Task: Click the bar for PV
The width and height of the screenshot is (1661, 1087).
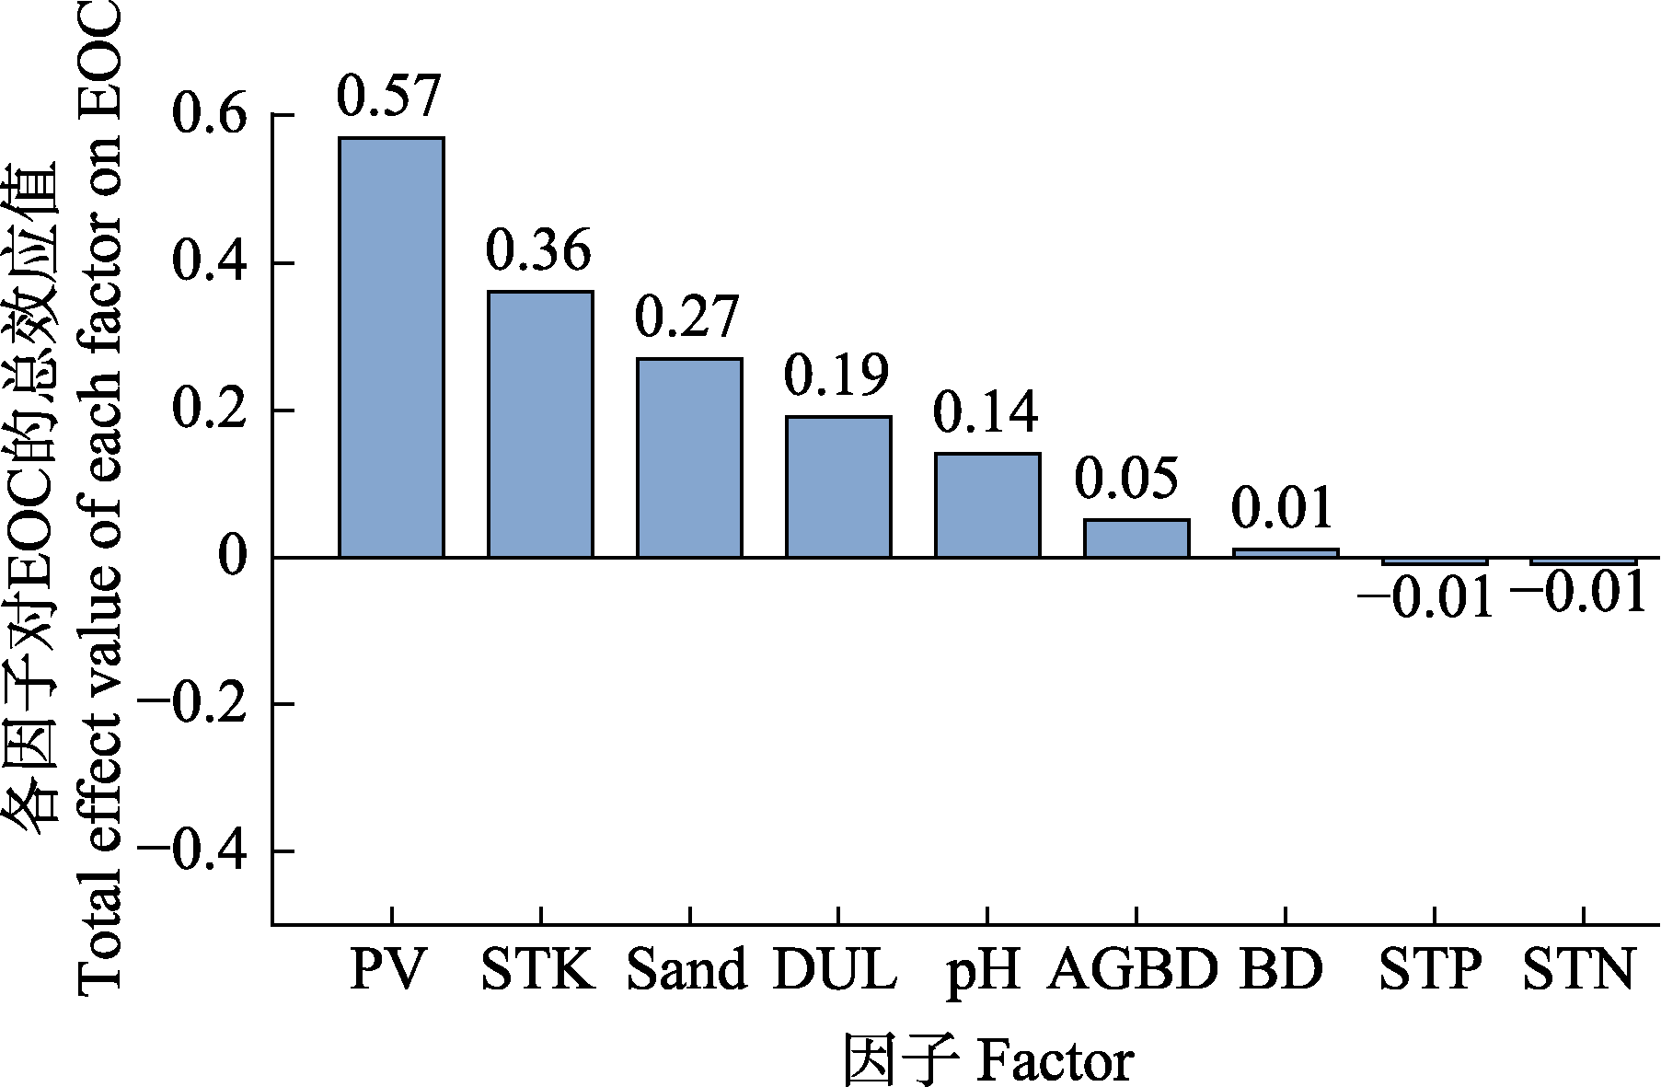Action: (x=391, y=348)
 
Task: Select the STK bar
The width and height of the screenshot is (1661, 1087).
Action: (x=540, y=424)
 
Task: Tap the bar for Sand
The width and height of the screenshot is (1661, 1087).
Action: (x=689, y=457)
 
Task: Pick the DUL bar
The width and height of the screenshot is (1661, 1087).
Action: (x=838, y=487)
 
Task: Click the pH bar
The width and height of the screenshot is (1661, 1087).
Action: (x=987, y=505)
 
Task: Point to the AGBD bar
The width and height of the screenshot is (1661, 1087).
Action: (x=1136, y=538)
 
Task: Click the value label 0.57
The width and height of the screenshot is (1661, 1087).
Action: (x=389, y=95)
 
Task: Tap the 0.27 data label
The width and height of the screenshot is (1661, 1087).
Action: (x=687, y=317)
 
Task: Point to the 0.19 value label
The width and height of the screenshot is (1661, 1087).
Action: (x=836, y=375)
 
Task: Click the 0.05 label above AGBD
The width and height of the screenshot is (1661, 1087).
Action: (x=1126, y=478)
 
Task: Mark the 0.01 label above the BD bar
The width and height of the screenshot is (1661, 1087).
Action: (x=1282, y=508)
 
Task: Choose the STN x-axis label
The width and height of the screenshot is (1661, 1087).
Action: (x=1578, y=970)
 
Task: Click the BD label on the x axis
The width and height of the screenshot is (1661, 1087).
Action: (x=1281, y=970)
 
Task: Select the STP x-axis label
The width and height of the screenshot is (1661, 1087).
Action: (x=1431, y=970)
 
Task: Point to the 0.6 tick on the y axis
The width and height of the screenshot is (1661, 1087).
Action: (x=211, y=116)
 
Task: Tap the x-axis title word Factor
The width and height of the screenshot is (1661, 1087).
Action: (x=1055, y=1061)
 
